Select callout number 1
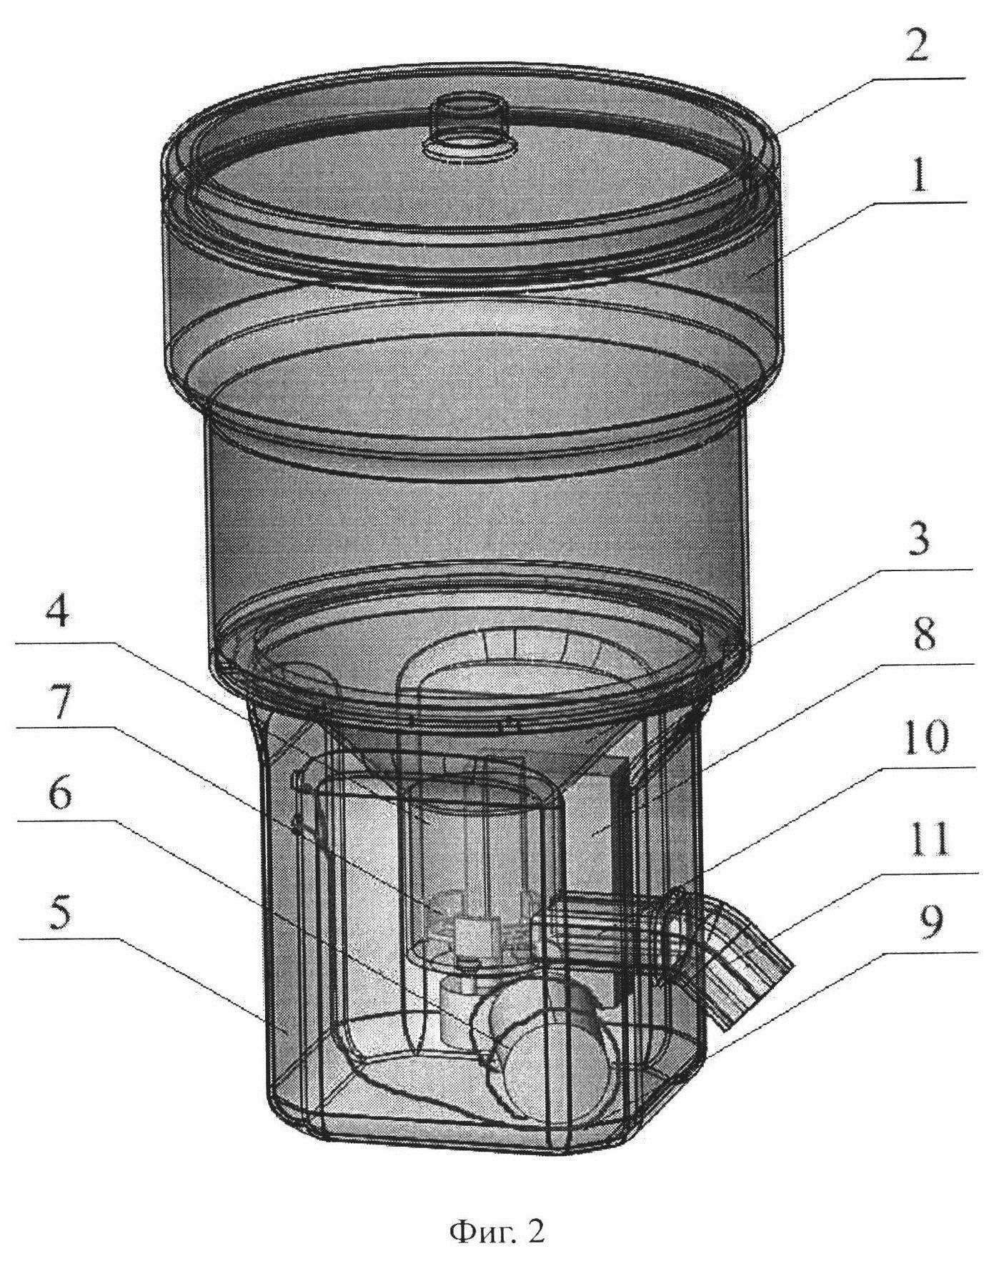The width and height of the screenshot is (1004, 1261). [920, 174]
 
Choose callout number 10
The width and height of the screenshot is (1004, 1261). [923, 737]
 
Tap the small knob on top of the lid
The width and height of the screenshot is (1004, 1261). [469, 120]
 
